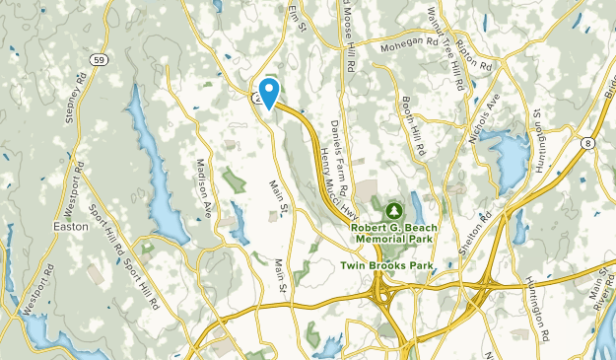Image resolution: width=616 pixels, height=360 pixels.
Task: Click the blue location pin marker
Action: click(x=267, y=91)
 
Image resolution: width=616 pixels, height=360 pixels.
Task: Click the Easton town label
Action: click(x=71, y=227)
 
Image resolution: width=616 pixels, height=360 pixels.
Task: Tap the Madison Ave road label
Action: click(x=205, y=187)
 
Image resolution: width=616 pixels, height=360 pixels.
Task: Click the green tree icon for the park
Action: click(x=394, y=210)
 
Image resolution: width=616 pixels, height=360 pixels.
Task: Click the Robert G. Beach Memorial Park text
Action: click(x=393, y=233)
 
